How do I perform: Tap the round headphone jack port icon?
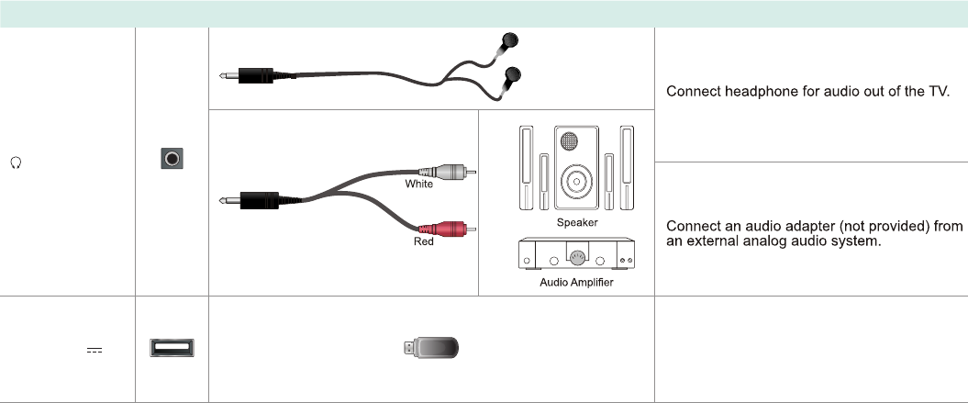click(x=172, y=159)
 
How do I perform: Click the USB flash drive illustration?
click(x=433, y=348)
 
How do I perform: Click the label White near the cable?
click(x=419, y=185)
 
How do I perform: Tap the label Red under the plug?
click(x=423, y=242)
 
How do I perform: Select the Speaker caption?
click(x=577, y=223)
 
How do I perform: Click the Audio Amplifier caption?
click(x=577, y=283)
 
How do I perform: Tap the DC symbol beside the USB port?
click(x=94, y=350)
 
